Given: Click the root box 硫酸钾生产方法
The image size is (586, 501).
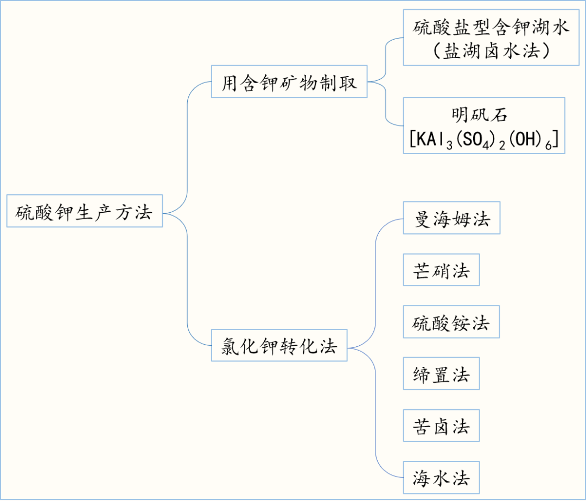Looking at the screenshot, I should coord(84,211).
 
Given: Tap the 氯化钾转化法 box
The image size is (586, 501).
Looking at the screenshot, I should coord(279,345).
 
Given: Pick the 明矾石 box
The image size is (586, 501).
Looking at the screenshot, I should coord(484,125).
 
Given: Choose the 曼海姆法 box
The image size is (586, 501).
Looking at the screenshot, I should coord(451,218).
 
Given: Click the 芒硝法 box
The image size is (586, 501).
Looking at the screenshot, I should coord(441,270).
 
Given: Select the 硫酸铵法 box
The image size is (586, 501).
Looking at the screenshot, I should coord(451,322).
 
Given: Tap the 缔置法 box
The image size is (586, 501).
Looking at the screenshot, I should coord(441,373).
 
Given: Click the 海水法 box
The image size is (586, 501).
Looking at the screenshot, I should coord(441,477).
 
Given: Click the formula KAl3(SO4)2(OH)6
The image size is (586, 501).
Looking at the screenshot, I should coord(484,141).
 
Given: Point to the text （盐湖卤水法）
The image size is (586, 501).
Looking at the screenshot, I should coord(492,52).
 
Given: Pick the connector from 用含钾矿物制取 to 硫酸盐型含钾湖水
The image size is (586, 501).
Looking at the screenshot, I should coord(385,60).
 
